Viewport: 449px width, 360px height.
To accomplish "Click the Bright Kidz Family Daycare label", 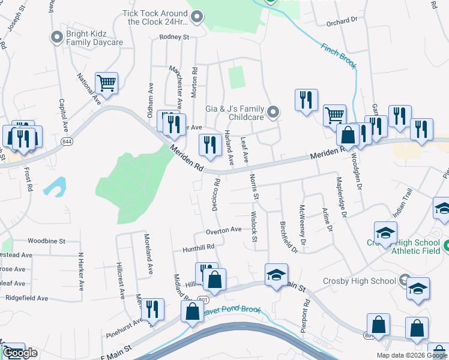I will (x=95, y=38).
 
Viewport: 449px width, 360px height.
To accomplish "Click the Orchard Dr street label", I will (x=342, y=20).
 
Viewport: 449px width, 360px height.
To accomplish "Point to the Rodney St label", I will (x=174, y=37).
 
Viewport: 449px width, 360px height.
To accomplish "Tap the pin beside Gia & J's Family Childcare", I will (x=274, y=112).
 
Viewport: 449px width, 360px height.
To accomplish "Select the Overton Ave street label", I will (x=223, y=230).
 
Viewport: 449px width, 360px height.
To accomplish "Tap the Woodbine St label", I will (x=46, y=241).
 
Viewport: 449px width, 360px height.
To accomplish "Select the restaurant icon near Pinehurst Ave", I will (x=152, y=309).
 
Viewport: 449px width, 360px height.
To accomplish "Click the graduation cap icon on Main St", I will (x=276, y=274).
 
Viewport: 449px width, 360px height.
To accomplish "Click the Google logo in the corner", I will (x=20, y=353).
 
